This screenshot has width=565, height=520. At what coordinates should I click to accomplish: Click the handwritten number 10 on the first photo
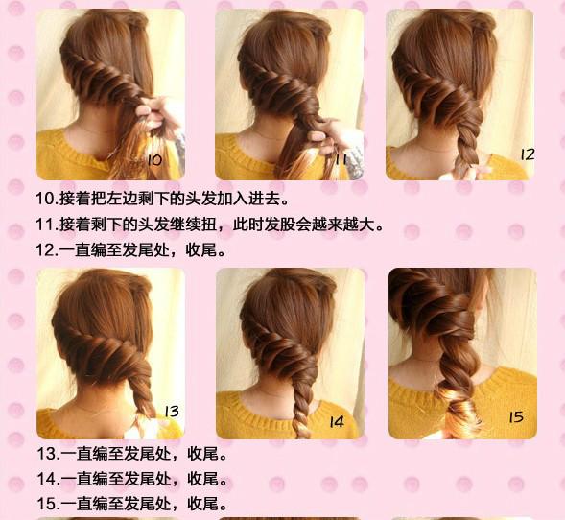(x=155, y=160)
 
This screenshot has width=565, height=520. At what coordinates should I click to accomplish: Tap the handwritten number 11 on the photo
(x=341, y=158)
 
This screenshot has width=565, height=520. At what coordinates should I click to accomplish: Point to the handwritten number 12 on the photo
(x=528, y=154)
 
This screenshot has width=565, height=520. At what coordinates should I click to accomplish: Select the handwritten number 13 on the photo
(x=172, y=412)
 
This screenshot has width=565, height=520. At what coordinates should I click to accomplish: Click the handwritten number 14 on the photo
(x=337, y=422)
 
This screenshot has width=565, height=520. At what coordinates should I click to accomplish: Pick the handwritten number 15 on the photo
(x=516, y=417)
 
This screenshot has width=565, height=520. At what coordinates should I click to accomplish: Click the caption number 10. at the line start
(x=47, y=199)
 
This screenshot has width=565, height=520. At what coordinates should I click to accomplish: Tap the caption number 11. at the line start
(x=47, y=225)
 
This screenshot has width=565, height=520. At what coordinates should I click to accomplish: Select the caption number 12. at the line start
(x=47, y=250)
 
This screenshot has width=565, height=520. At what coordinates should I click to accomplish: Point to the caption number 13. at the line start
(x=48, y=454)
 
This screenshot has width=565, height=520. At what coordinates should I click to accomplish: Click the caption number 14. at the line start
(x=48, y=479)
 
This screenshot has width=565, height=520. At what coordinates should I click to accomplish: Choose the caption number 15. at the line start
(x=48, y=504)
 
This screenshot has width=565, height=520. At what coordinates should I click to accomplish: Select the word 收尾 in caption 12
(x=201, y=250)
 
